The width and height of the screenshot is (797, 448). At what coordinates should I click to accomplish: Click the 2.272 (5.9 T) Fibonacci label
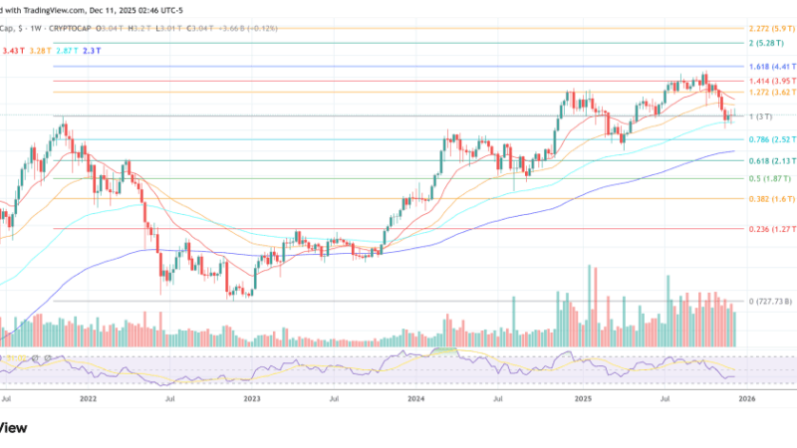pyautogui.click(x=770, y=28)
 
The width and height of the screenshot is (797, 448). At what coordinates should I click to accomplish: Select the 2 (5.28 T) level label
pyautogui.click(x=768, y=44)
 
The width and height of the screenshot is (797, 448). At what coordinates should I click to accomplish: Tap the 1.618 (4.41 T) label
pyautogui.click(x=770, y=67)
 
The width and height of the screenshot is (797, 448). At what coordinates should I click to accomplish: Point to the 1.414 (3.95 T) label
pyautogui.click(x=770, y=81)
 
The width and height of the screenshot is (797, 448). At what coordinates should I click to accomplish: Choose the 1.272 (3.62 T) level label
pyautogui.click(x=770, y=93)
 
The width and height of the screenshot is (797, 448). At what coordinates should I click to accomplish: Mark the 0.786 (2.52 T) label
pyautogui.click(x=770, y=139)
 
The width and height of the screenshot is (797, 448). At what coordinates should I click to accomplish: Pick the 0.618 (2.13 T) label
pyautogui.click(x=770, y=160)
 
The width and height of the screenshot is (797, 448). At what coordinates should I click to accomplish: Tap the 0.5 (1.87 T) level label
pyautogui.click(x=767, y=179)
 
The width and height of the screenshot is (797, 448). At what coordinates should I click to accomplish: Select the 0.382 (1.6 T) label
pyautogui.click(x=768, y=199)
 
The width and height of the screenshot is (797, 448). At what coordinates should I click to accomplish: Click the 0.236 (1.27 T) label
pyautogui.click(x=770, y=229)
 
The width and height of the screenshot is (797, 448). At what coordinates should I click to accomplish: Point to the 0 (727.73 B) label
pyautogui.click(x=769, y=301)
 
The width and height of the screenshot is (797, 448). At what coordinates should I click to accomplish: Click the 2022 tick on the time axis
pyautogui.click(x=89, y=397)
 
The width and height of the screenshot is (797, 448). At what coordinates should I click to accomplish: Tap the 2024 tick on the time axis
pyautogui.click(x=417, y=397)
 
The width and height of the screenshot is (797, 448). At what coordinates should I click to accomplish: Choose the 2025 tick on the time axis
pyautogui.click(x=583, y=397)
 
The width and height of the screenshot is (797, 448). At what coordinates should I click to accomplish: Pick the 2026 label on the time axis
pyautogui.click(x=746, y=397)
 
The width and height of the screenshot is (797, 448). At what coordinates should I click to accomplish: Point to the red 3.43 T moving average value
pyautogui.click(x=15, y=49)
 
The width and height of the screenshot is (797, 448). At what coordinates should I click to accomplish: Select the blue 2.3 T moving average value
pyautogui.click(x=92, y=49)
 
